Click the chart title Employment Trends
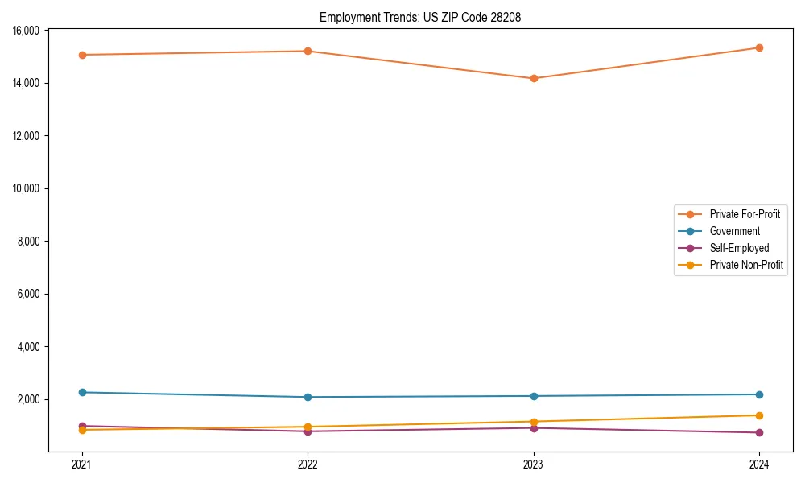(x=420, y=17)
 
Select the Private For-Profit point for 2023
(x=533, y=78)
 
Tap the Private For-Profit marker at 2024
(x=759, y=47)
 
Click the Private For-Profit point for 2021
(x=81, y=55)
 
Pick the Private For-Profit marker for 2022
(x=308, y=51)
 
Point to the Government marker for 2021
(x=81, y=392)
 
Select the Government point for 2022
(x=308, y=397)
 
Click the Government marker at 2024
(x=759, y=394)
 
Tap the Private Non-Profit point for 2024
(x=759, y=415)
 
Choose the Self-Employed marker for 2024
(x=759, y=433)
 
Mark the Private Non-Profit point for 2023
(x=533, y=422)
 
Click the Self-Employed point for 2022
(x=308, y=431)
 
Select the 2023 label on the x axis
(x=533, y=464)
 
